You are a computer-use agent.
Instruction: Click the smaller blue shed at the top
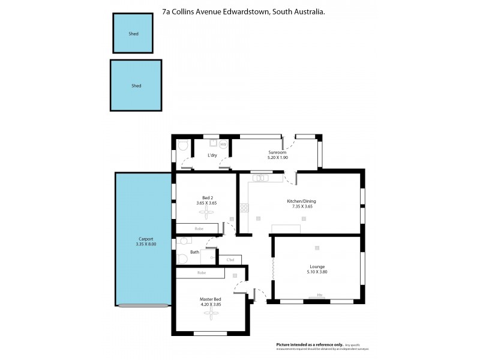[133, 34]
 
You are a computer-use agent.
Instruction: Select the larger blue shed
[136, 85]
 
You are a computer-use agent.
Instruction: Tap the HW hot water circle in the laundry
[223, 145]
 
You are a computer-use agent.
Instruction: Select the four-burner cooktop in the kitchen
[244, 208]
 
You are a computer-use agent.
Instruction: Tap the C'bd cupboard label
[230, 260]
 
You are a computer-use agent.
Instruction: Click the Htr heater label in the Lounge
[320, 295]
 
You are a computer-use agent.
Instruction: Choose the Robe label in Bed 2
[199, 229]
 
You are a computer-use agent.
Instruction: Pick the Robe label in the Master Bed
[202, 273]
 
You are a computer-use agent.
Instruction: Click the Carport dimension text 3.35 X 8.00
[146, 244]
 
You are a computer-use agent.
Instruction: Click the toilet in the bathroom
[182, 259]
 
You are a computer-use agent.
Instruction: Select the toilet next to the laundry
[184, 145]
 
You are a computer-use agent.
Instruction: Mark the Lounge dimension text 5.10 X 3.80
[318, 272]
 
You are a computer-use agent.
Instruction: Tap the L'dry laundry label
[212, 155]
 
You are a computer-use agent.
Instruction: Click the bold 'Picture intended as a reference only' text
[310, 344]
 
